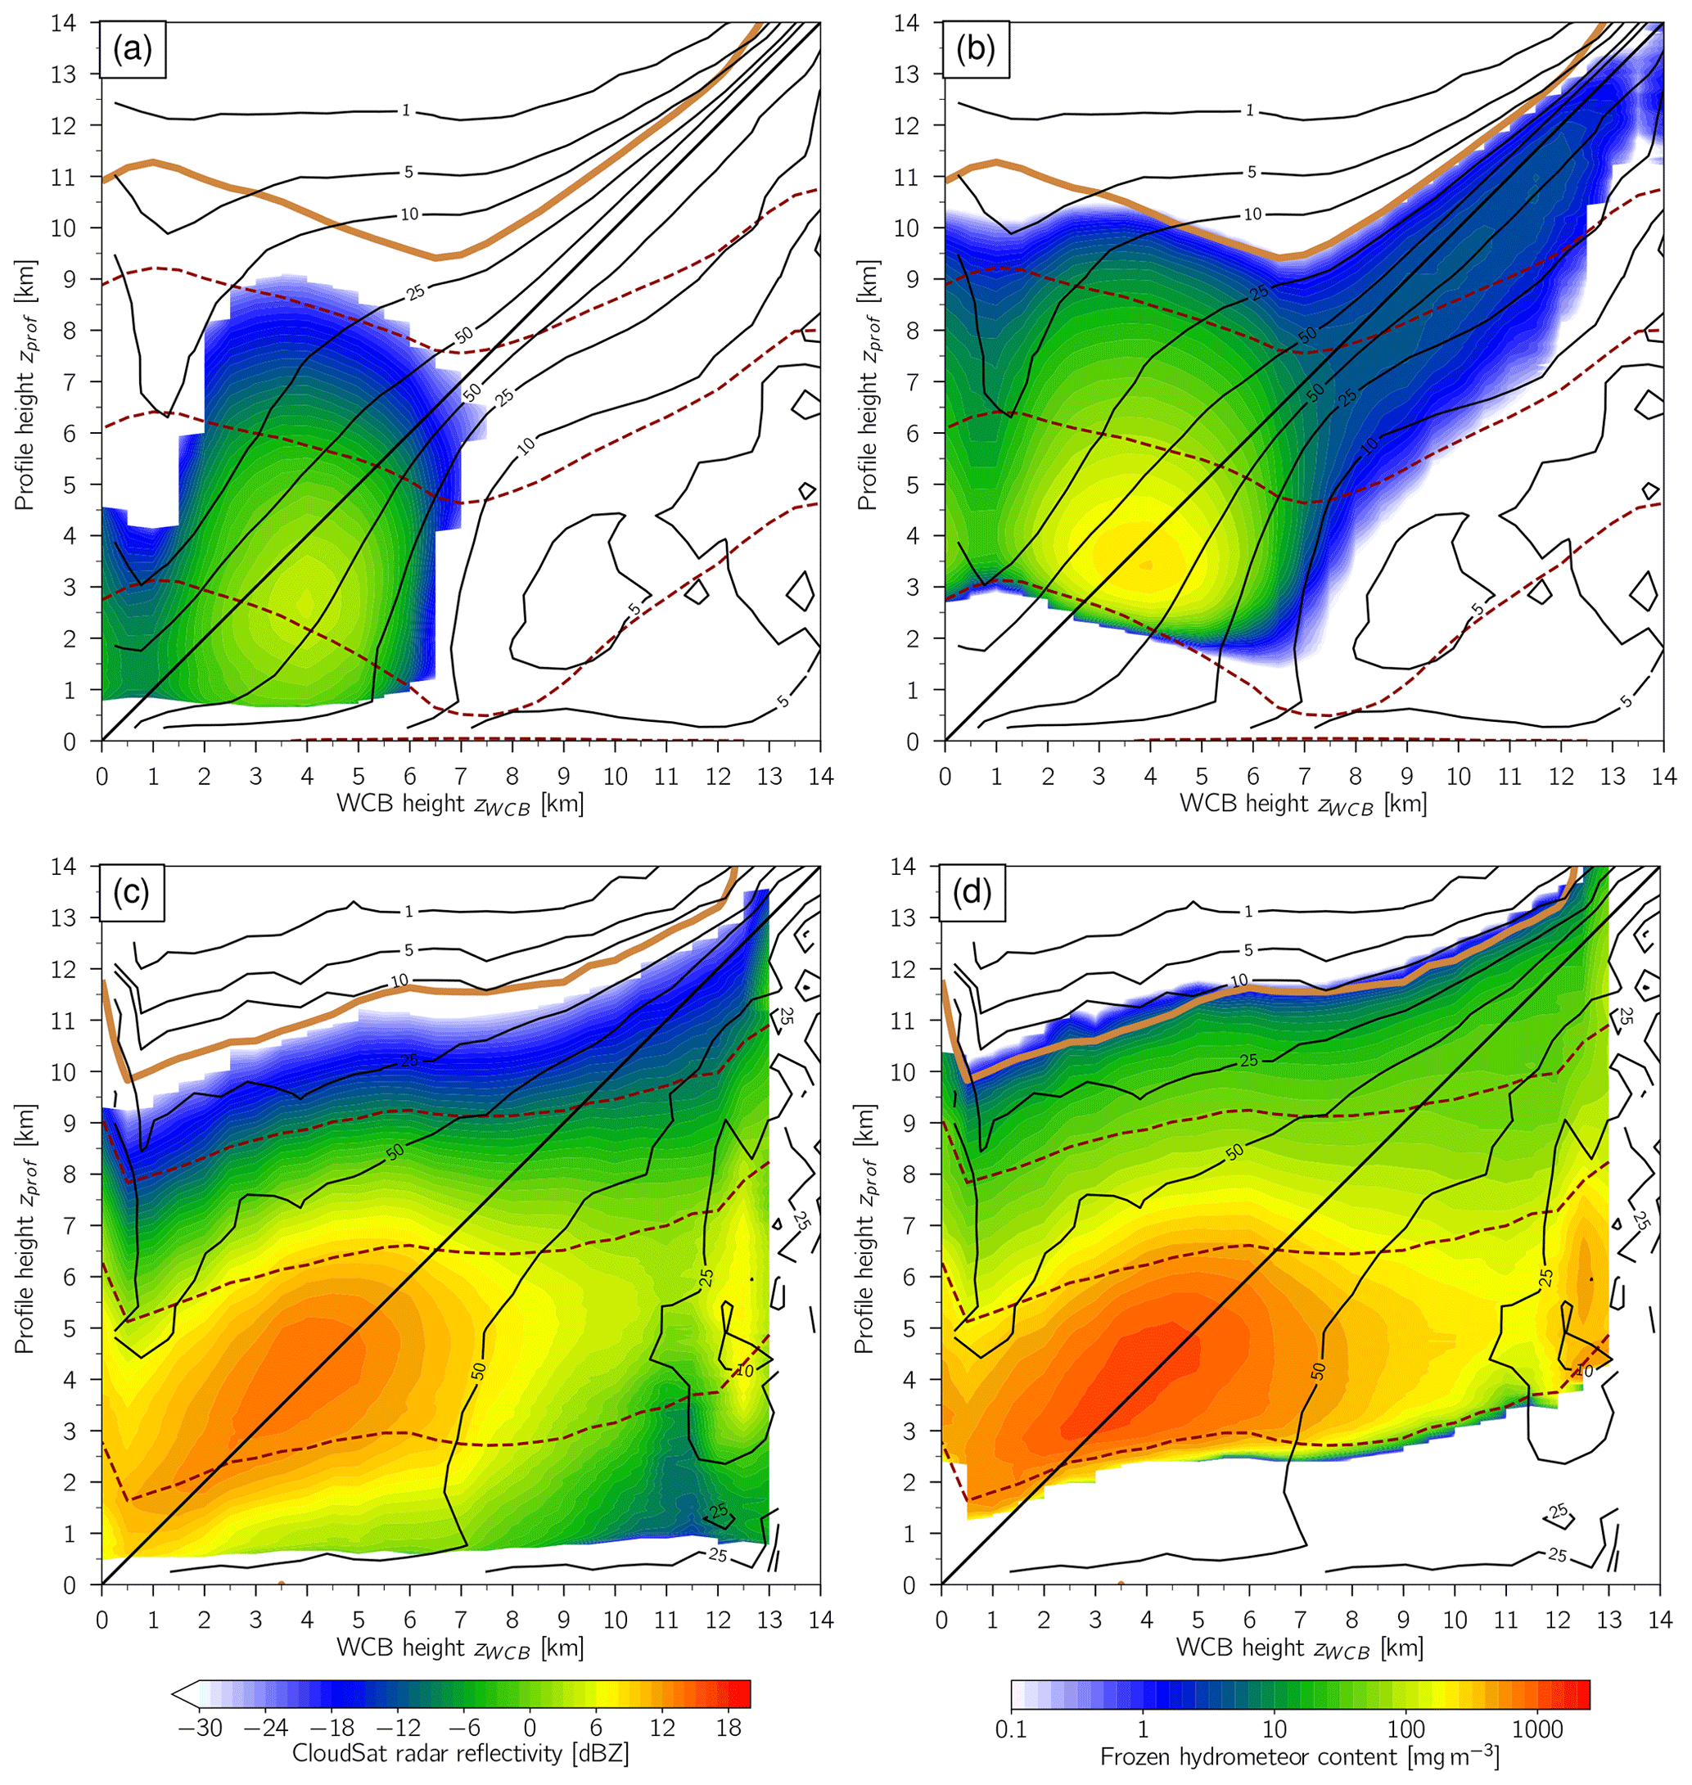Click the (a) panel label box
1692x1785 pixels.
133,52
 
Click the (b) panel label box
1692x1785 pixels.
977,52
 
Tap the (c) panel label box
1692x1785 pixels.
132,893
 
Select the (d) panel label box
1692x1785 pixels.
973,893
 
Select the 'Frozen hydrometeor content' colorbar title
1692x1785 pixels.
1299,1756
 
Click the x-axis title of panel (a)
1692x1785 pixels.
461,804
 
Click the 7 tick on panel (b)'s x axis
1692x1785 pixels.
1304,777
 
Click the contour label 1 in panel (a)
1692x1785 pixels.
406,111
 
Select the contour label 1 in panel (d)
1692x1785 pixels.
1248,912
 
